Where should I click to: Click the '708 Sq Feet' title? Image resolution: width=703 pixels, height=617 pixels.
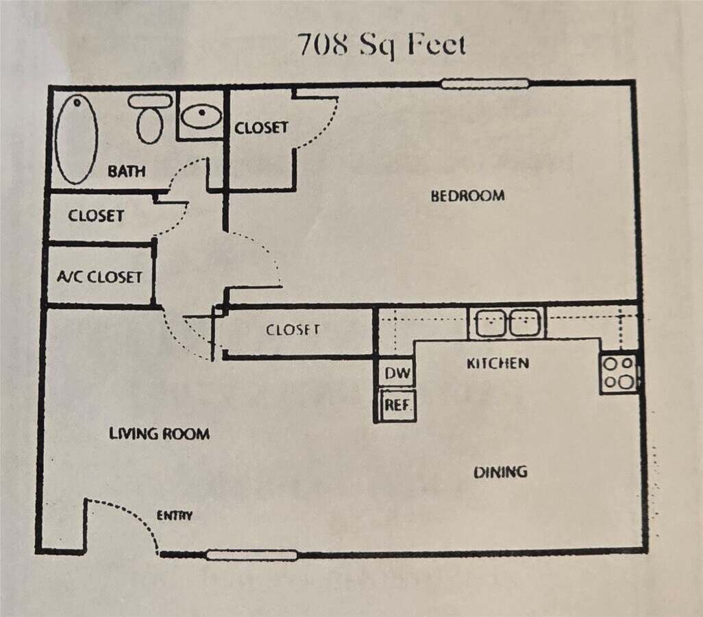coord(382,45)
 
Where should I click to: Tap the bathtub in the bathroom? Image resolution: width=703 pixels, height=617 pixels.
coord(76,139)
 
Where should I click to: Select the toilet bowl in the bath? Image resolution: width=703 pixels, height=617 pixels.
coord(150,125)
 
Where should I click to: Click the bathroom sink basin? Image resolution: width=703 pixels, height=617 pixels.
coord(201,117)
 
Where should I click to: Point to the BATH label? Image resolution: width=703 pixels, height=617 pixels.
coord(127,171)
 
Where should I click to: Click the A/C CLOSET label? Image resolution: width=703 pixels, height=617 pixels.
coord(99,276)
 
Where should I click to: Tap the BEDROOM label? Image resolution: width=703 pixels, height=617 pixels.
coord(467,195)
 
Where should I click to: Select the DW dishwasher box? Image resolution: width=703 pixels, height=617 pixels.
coord(397,372)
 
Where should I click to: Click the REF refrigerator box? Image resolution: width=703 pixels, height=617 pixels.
coord(397,405)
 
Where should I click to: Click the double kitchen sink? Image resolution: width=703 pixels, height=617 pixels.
coord(507,323)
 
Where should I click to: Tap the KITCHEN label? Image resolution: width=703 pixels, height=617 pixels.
coord(497,363)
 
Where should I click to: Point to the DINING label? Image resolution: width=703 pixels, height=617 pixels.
coord(500,472)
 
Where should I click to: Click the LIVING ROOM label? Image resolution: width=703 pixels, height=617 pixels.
coord(159,433)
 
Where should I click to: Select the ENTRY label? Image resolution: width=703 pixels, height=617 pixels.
coord(175,516)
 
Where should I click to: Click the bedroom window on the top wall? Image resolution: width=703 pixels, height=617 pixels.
coord(484,84)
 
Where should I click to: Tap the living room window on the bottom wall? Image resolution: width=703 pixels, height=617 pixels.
coord(251,555)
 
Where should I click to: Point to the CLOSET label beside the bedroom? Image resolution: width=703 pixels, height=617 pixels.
coord(261,128)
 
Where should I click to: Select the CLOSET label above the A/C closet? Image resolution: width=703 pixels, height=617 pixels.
coord(96,216)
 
